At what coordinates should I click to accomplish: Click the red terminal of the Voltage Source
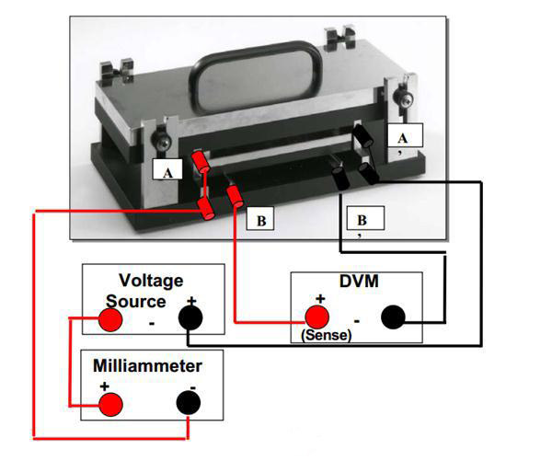pyautogui.click(x=110, y=319)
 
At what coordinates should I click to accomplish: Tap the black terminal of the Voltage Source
pyautogui.click(x=190, y=318)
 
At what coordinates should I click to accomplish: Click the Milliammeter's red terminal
pyautogui.click(x=111, y=404)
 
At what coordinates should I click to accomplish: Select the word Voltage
pyautogui.click(x=152, y=281)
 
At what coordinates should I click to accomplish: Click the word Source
pyautogui.click(x=135, y=301)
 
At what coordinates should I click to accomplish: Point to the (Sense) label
pyautogui.click(x=327, y=337)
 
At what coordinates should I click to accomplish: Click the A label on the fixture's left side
pyautogui.click(x=167, y=170)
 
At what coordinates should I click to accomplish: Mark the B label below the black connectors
pyautogui.click(x=362, y=220)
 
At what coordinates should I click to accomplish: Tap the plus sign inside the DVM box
pyautogui.click(x=321, y=298)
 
